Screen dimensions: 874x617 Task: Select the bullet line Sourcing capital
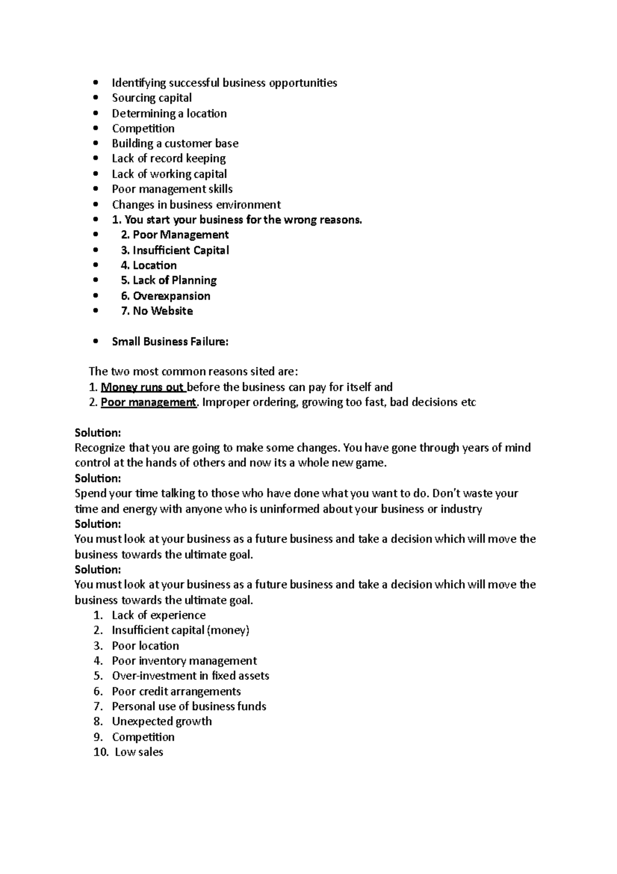[x=152, y=98]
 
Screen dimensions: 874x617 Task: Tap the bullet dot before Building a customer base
[x=95, y=144]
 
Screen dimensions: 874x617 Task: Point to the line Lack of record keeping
[x=169, y=159]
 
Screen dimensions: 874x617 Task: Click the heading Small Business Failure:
[x=170, y=341]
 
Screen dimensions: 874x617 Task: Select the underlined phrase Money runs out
[x=142, y=387]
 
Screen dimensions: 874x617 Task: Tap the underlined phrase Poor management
[x=149, y=402]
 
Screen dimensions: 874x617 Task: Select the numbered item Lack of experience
[x=158, y=615]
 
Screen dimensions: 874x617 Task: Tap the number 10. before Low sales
[x=101, y=752]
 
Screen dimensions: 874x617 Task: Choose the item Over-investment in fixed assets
[x=190, y=676]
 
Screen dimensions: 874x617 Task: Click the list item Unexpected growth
[x=162, y=721]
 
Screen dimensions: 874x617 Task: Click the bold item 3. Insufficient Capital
[x=175, y=250]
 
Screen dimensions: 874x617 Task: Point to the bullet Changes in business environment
[x=196, y=204]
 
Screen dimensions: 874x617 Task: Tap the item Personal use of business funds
[x=189, y=706]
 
